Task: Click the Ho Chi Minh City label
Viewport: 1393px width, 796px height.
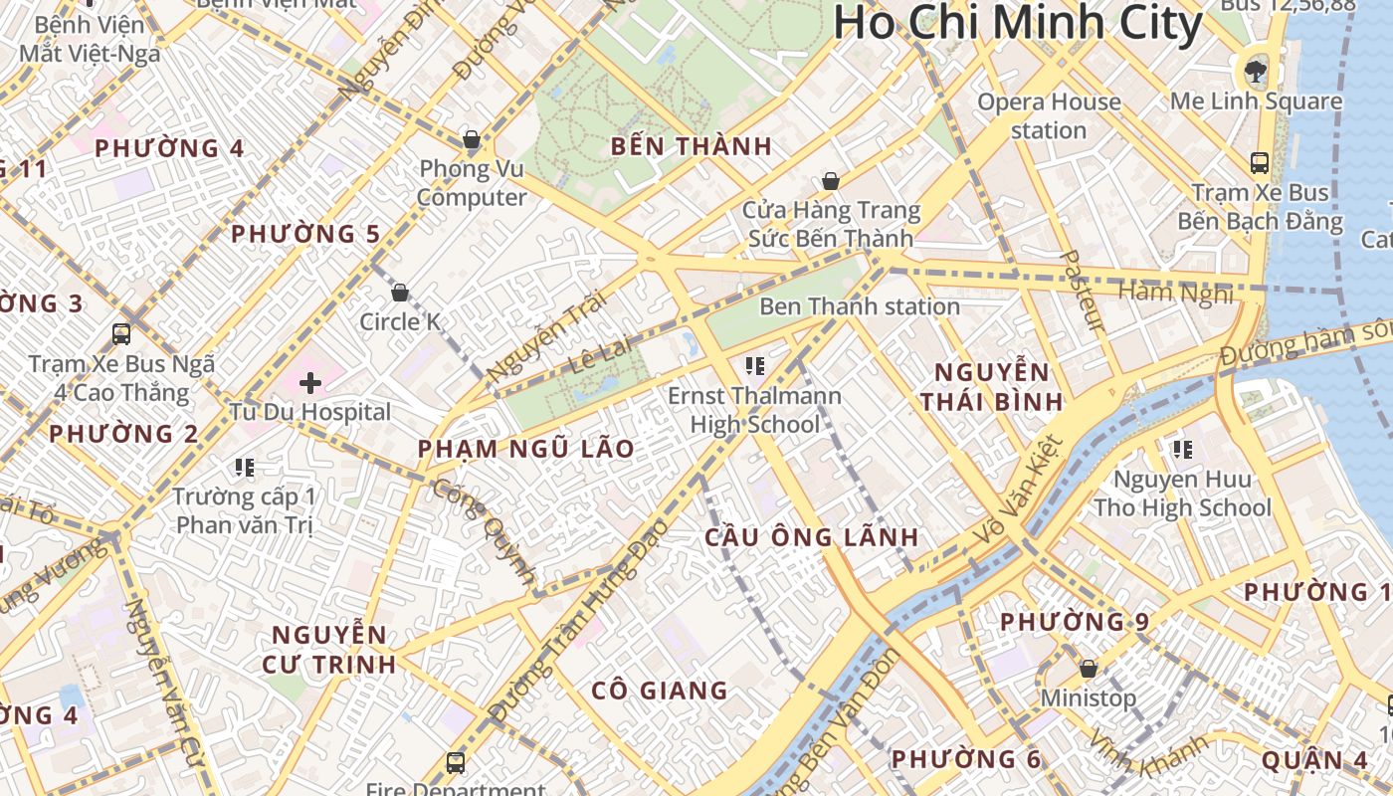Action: (1017, 24)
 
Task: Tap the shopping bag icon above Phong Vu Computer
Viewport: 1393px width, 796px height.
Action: (471, 140)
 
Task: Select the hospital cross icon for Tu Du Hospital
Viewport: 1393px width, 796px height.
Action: (309, 382)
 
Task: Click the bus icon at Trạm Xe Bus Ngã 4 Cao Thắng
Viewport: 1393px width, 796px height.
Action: (121, 334)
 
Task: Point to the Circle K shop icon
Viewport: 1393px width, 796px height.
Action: (400, 293)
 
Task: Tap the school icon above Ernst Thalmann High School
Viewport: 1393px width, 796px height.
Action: (754, 366)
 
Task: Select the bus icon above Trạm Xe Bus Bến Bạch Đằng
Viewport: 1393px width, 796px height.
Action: (1259, 162)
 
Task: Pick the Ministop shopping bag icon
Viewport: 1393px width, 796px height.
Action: (1088, 669)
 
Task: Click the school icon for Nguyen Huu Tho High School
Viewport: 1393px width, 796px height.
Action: (1182, 450)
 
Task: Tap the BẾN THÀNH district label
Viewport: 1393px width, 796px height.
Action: (692, 147)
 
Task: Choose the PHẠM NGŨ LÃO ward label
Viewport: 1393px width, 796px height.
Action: (525, 449)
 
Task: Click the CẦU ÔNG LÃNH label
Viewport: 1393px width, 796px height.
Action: (811, 537)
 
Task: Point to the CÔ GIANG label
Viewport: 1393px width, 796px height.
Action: (659, 691)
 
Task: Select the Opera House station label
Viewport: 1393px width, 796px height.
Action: (1049, 115)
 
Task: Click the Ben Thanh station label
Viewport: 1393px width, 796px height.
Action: (859, 306)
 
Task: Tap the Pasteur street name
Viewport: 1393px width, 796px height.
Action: (1081, 291)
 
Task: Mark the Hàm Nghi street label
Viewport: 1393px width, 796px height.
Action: (1175, 293)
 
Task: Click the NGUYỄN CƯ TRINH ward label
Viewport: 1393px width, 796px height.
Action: (329, 649)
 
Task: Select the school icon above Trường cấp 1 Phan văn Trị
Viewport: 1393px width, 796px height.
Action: (244, 467)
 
